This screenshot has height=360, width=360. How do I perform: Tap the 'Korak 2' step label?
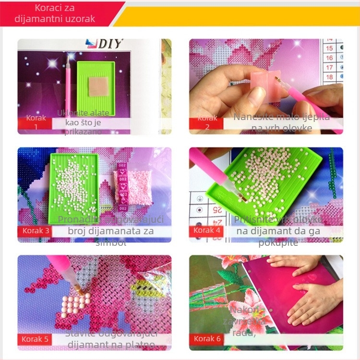pos(207,122)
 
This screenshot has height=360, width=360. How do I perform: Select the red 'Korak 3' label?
pos(36,230)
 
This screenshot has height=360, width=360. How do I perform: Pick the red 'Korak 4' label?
pos(207,230)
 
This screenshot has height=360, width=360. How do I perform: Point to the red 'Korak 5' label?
pos(35,339)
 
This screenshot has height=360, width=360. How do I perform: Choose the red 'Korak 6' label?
pos(207,339)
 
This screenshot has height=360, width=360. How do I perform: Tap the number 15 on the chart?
pos(329,48)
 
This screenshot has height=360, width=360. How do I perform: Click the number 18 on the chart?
pos(329,77)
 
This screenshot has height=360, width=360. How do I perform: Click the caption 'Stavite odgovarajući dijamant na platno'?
pos(111,339)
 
